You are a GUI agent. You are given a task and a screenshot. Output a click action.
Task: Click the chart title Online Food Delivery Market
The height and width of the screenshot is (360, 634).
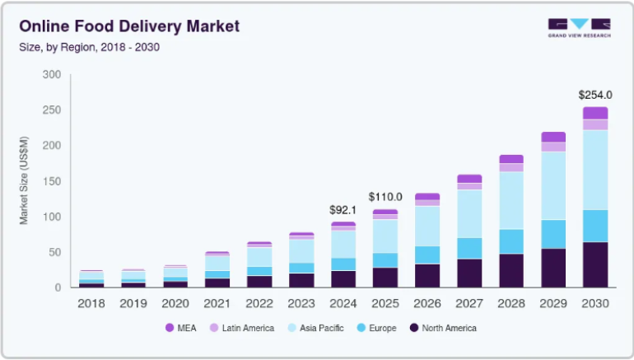click(129, 26)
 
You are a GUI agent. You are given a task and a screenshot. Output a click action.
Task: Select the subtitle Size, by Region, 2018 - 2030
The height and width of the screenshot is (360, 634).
click(89, 47)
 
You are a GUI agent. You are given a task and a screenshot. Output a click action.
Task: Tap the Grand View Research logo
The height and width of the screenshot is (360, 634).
click(579, 28)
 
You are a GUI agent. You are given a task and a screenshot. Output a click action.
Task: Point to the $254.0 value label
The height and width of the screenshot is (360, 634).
click(595, 95)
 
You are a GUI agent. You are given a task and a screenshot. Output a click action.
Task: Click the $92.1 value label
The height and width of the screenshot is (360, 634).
click(343, 210)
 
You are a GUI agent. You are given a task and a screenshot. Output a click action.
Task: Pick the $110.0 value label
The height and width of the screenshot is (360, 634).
click(385, 197)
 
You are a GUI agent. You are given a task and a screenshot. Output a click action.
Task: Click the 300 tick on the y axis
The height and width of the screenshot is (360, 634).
click(52, 75)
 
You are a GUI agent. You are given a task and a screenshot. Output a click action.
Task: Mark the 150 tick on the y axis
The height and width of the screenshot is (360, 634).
click(52, 181)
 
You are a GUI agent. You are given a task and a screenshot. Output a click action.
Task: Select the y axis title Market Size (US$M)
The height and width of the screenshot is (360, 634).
click(25, 181)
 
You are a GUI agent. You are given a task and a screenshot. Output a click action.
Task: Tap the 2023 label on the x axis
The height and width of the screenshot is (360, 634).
click(301, 303)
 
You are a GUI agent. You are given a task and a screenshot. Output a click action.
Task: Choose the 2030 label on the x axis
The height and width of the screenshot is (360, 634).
click(595, 303)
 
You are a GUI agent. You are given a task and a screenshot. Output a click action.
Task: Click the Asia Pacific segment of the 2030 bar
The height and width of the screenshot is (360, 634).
click(595, 170)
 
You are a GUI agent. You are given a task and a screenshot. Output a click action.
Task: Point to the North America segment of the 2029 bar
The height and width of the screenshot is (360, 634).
click(553, 268)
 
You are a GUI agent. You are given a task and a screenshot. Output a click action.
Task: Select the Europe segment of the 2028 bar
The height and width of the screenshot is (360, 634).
click(511, 241)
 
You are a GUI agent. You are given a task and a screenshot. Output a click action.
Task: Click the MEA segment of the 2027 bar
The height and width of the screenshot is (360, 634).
click(469, 178)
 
